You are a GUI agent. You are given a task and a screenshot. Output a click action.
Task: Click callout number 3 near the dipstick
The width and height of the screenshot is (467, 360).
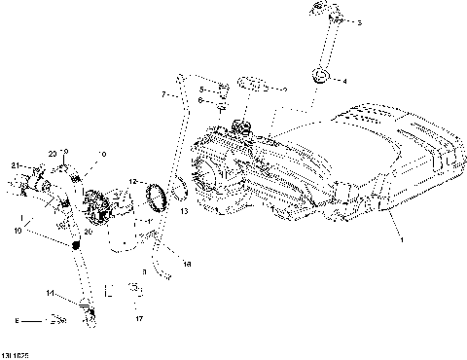click(359, 22)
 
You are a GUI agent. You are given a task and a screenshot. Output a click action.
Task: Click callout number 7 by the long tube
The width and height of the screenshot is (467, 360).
click(164, 95)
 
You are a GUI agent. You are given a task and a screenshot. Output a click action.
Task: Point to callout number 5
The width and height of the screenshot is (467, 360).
click(200, 89)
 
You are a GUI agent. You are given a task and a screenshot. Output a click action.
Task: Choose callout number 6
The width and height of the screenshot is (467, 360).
click(200, 100)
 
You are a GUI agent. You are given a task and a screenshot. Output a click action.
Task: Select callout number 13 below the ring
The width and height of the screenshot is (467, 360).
click(184, 211)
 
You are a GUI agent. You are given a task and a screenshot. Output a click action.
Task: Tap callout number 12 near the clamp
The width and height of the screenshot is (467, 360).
click(133, 181)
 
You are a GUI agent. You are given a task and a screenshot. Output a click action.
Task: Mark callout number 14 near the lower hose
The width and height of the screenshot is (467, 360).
click(49, 292)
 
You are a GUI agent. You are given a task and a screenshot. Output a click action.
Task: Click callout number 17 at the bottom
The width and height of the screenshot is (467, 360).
click(139, 318)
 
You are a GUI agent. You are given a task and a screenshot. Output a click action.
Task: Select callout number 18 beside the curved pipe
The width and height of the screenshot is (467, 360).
click(187, 264)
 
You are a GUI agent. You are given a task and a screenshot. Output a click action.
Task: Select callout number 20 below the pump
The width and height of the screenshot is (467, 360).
click(87, 232)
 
